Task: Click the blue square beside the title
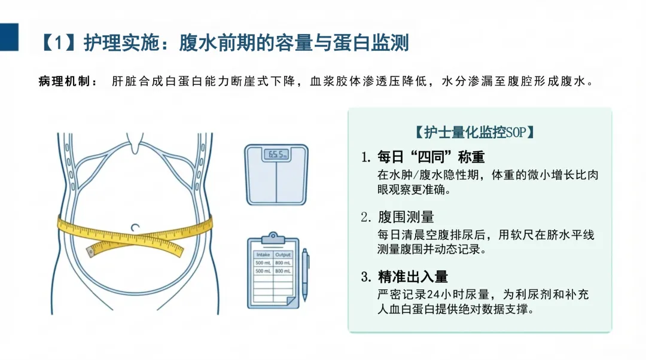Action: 9,36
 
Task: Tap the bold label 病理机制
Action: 64,81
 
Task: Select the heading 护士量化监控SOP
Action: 474,132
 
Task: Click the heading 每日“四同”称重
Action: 431,157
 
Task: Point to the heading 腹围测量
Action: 406,216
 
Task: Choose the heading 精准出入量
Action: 413,277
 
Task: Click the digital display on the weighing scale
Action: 276,155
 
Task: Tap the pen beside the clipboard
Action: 305,274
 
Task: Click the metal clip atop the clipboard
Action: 273,238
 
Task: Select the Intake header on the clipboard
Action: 263,255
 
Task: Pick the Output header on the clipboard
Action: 282,255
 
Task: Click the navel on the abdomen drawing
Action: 135,227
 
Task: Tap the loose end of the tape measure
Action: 91,252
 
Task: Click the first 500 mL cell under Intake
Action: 263,263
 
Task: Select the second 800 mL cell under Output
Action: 282,271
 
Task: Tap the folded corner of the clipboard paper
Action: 292,301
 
